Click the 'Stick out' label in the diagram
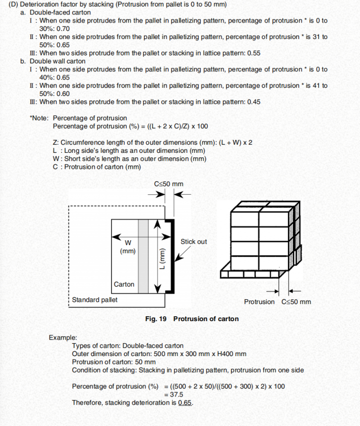click(x=193, y=242)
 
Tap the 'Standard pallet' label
click(x=95, y=300)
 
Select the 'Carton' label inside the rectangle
click(x=124, y=284)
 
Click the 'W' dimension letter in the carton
click(x=128, y=242)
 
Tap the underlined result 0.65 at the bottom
click(x=185, y=403)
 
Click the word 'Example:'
click(x=63, y=338)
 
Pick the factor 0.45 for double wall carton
click(x=254, y=102)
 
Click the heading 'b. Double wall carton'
click(x=53, y=61)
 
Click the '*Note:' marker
click(x=39, y=118)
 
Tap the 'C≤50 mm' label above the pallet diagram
click(x=168, y=184)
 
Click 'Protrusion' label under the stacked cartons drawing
click(x=259, y=302)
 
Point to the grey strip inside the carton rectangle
click(x=143, y=256)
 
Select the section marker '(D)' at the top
click(x=14, y=4)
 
